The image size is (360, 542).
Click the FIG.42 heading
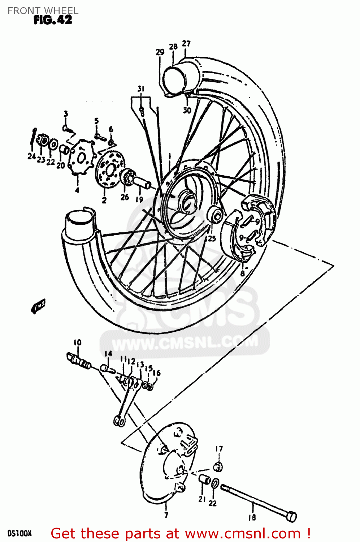pos(53,20)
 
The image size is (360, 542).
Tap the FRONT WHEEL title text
pos(43,11)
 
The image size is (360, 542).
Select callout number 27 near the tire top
pos(186,43)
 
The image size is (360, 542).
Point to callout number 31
pos(140,89)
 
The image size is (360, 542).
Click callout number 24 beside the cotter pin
pos(31,156)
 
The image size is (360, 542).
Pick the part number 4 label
pos(77,190)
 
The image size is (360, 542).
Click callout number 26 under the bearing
pos(125,197)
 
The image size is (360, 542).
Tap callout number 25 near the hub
pos(212,238)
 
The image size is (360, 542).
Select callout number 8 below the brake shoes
pos(242,274)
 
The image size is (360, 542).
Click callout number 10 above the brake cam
pos(77,342)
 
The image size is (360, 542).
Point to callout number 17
pos(219,449)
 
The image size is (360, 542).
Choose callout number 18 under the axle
pos(252,517)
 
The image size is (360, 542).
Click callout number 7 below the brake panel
pos(166,515)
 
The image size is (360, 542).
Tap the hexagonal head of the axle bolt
pos(291,516)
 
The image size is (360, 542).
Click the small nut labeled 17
pos(218,466)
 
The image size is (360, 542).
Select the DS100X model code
pos(19,533)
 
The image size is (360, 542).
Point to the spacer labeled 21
pos(204,480)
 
